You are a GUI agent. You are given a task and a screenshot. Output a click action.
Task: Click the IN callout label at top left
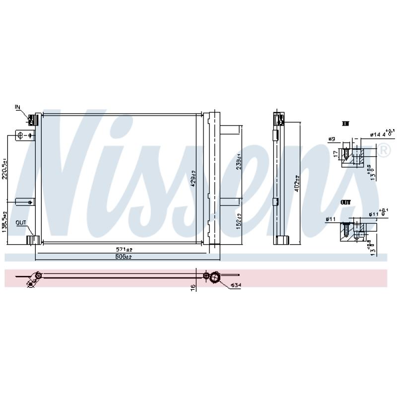coord(18,107)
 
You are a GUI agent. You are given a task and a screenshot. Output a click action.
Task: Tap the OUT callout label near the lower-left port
coord(20,223)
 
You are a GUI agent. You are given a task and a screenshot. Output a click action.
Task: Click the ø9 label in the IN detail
coord(332,139)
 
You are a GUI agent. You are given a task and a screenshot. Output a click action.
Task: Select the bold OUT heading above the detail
coord(346,203)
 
